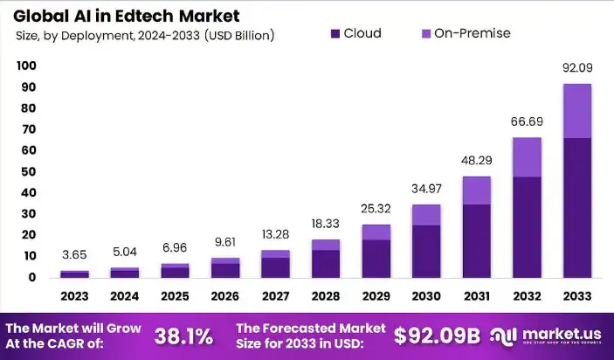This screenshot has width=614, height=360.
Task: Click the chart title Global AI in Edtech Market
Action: point(128,16)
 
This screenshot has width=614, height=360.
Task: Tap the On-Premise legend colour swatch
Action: point(426,34)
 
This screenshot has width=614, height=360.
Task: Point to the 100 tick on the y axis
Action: point(26,66)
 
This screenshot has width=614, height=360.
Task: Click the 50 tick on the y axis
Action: point(26,171)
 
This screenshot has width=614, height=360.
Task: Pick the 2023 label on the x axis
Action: point(74,295)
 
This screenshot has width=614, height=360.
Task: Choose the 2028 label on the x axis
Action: point(326,295)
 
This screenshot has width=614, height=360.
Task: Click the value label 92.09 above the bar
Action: point(576,67)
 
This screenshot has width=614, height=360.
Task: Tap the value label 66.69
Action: point(527,121)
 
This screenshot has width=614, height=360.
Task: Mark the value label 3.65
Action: point(74,255)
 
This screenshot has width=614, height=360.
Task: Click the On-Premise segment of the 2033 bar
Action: point(576,111)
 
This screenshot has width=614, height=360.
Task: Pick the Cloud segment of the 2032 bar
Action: point(527,227)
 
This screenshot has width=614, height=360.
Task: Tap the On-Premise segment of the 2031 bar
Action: point(476,190)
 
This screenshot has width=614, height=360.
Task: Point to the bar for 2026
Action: point(225,267)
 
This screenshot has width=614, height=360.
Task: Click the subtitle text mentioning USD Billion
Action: point(145,36)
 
